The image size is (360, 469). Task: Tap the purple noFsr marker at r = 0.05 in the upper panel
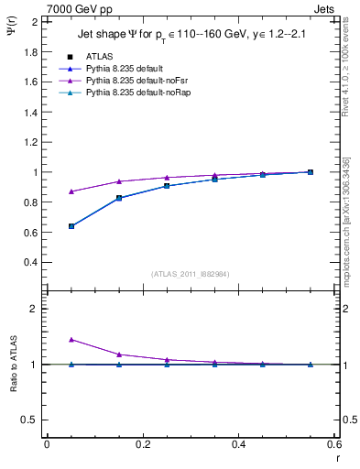[71, 191]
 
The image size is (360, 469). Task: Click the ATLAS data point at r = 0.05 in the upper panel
[71, 226]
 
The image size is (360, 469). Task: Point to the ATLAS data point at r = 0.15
[119, 198]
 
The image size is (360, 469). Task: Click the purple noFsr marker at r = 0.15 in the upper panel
[119, 181]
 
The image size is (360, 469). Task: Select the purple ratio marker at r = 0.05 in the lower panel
[71, 339]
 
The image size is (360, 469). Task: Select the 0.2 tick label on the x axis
[142, 444]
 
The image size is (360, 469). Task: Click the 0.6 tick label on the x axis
[333, 444]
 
